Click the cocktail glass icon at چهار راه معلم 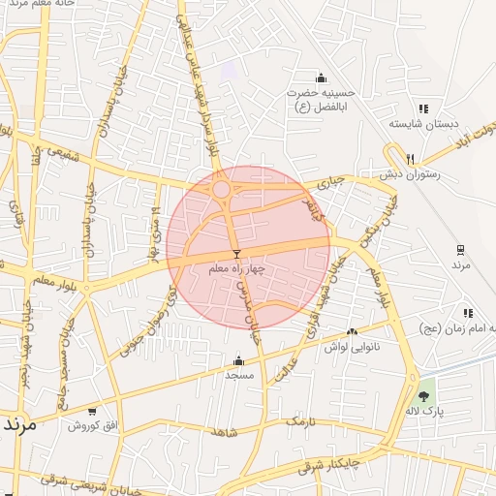[236, 254]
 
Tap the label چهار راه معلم [236, 266]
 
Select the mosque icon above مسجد [238, 360]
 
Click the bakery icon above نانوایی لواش [352, 332]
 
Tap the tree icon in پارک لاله [422, 396]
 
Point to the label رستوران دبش [412, 173]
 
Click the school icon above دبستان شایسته [422, 108]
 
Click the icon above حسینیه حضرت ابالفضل [322, 78]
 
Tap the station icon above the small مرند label [461, 248]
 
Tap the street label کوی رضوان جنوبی [149, 320]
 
